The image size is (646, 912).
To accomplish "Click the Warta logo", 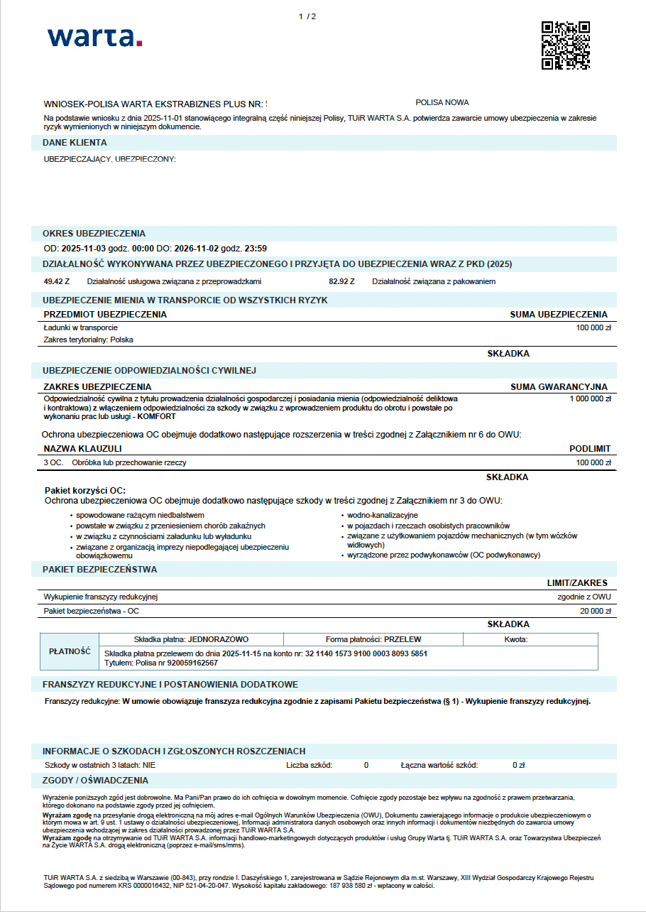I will (94, 37).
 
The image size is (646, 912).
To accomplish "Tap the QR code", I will (565, 45).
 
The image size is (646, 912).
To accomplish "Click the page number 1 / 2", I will (307, 16).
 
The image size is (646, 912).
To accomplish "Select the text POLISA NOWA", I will (442, 102).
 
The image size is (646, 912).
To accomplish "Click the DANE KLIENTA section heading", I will (75, 143).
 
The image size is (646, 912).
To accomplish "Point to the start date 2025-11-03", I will (82, 249).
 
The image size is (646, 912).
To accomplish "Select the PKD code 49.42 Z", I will (57, 281).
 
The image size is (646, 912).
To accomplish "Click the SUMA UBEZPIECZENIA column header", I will (559, 314).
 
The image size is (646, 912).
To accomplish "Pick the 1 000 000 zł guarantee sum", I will (590, 399).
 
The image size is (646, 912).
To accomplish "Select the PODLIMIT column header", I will (590, 449).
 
